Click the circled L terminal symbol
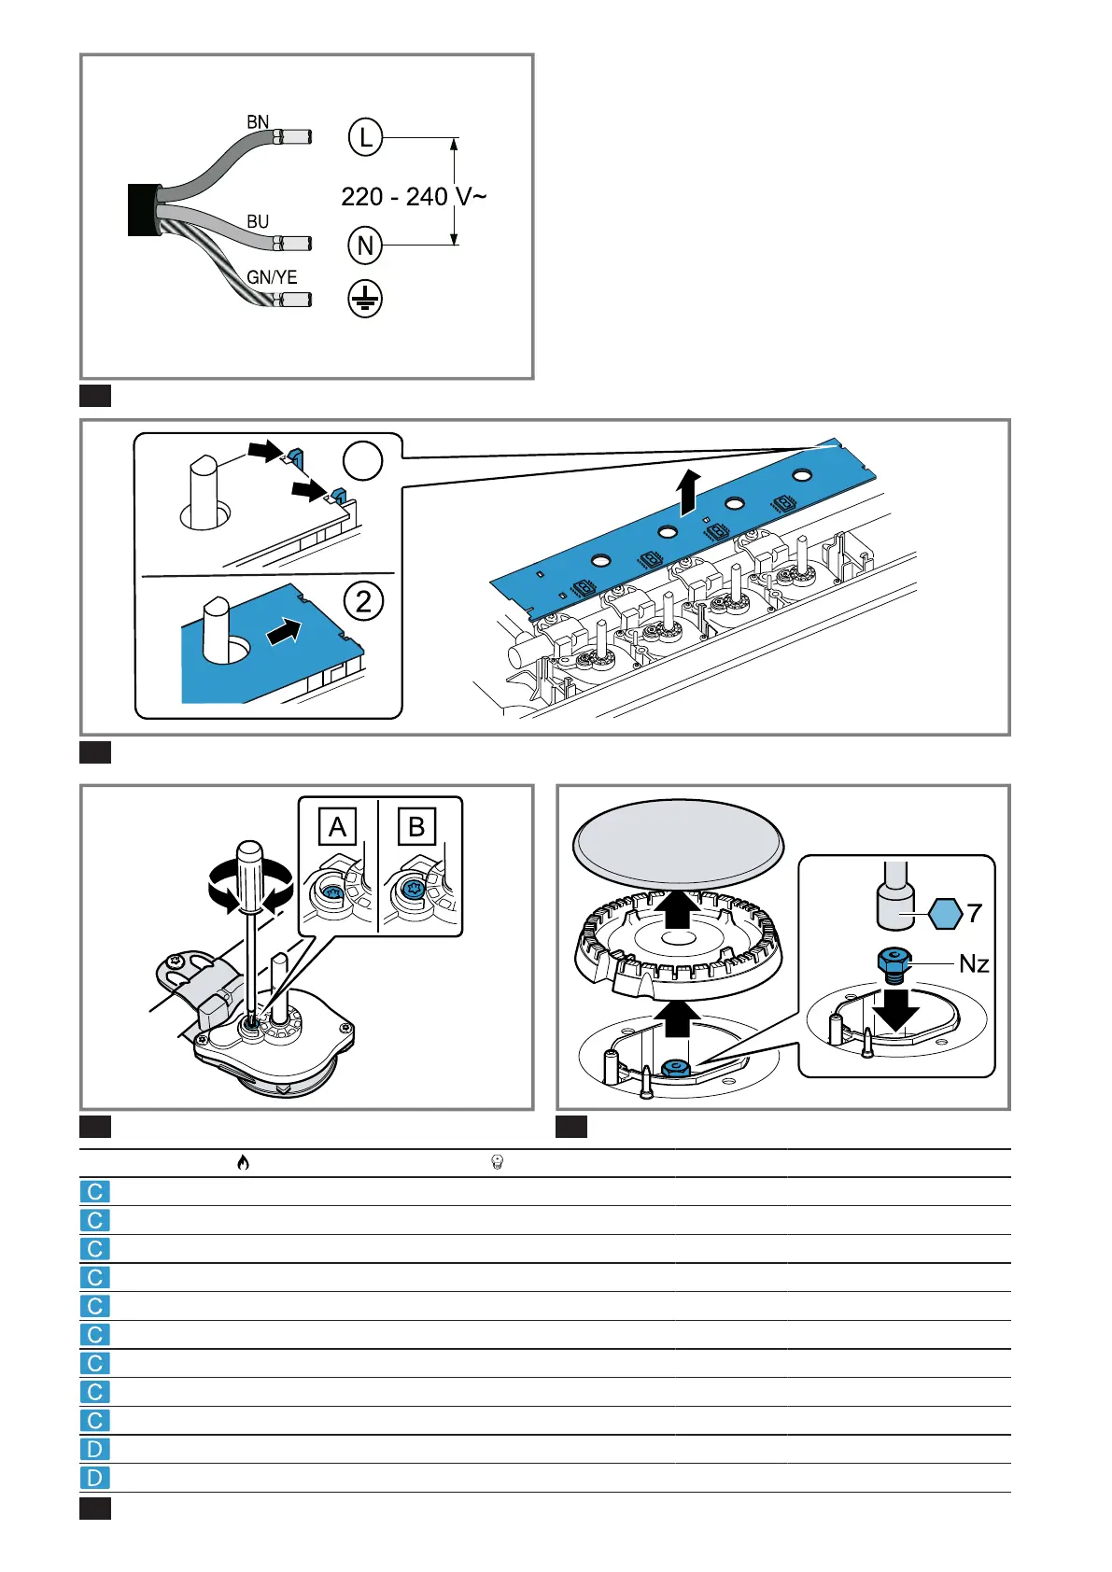tap(365, 138)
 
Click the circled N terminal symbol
tap(365, 246)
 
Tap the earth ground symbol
tap(365, 299)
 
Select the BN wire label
tap(258, 122)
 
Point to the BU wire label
tap(258, 222)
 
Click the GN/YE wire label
tap(272, 277)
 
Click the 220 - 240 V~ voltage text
tap(413, 197)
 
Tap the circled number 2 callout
tap(363, 600)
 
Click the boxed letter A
tap(337, 827)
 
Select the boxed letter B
tap(416, 827)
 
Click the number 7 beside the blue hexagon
tap(975, 913)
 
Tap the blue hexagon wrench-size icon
tap(946, 913)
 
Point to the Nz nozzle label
tap(974, 964)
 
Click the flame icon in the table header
tap(243, 1162)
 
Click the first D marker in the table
tap(95, 1449)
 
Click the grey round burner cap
tap(679, 842)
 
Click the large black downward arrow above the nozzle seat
tap(895, 1008)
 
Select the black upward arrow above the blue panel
tap(689, 491)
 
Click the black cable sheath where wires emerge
tap(145, 209)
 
